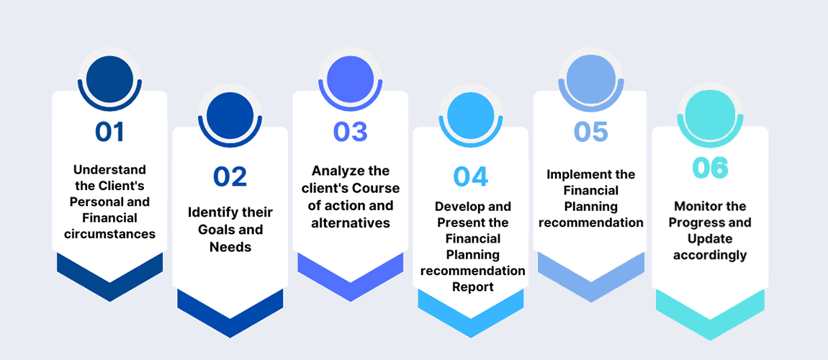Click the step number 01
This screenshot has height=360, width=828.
click(109, 132)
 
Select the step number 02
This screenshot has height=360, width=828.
click(230, 176)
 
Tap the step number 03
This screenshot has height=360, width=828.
click(350, 132)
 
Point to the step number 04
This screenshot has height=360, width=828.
click(470, 176)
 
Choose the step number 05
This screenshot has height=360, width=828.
click(590, 132)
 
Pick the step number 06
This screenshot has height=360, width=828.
click(710, 167)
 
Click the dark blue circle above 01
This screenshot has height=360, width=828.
click(109, 78)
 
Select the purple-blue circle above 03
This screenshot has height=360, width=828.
click(350, 78)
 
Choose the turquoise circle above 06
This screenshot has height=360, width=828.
click(710, 114)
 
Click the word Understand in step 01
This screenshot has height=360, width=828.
click(109, 170)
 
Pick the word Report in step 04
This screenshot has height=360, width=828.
click(473, 287)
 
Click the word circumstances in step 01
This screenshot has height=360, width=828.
click(109, 233)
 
